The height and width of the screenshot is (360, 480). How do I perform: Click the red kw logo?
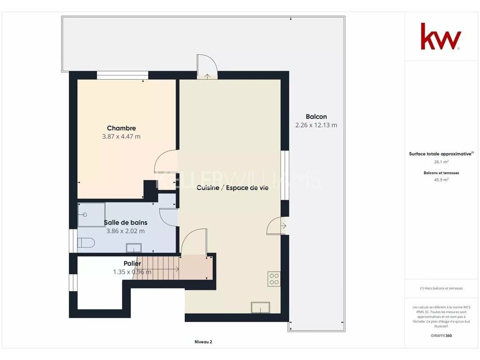click(441, 36)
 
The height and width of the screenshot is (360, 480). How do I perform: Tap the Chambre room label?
click(121, 128)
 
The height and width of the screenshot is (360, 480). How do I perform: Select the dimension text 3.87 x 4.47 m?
click(121, 136)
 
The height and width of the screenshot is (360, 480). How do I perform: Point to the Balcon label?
click(316, 117)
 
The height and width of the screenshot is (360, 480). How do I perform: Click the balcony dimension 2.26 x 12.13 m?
click(316, 125)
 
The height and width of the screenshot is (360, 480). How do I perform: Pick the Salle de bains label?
click(126, 223)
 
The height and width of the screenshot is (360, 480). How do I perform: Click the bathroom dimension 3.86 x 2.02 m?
click(126, 231)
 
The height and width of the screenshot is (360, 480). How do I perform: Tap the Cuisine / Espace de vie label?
click(232, 187)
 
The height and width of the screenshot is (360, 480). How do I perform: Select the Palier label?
click(132, 263)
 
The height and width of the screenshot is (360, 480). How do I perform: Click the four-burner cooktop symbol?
click(274, 279)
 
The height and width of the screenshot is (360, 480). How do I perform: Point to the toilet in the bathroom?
click(86, 243)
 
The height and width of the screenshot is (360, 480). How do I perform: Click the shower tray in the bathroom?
click(91, 215)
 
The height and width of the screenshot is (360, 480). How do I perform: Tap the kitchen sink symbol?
click(261, 307)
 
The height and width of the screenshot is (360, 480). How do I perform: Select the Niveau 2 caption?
click(203, 342)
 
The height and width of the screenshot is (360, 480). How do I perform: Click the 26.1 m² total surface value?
click(441, 162)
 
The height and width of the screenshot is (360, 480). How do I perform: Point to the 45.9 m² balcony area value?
click(441, 180)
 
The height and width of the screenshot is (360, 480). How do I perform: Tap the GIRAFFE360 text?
click(441, 336)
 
